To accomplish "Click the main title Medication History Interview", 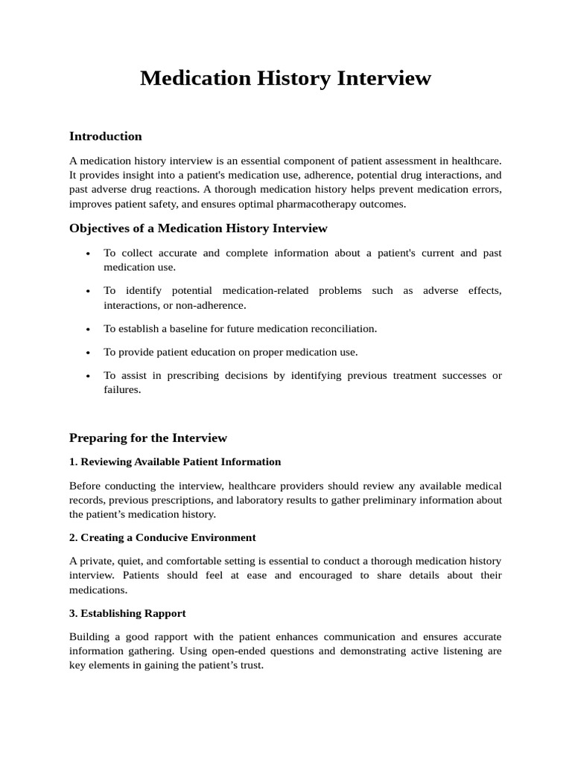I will (x=285, y=78).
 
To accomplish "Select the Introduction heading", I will (x=105, y=136).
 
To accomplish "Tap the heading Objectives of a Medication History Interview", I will (x=198, y=228).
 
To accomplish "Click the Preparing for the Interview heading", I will (x=147, y=438).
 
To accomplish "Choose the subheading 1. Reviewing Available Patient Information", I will (x=175, y=462).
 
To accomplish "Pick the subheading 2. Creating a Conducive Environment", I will (x=162, y=537).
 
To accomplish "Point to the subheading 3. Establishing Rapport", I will (x=127, y=613).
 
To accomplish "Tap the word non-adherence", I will (x=209, y=305).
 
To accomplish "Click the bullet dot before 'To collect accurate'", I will (x=88, y=254).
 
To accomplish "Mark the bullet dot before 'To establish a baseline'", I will (x=88, y=330).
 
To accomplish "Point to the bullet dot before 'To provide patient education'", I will (x=88, y=353).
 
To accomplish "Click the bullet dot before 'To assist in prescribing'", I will (x=88, y=377).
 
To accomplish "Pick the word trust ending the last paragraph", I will (x=249, y=665).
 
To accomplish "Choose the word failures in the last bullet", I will (x=121, y=390).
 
